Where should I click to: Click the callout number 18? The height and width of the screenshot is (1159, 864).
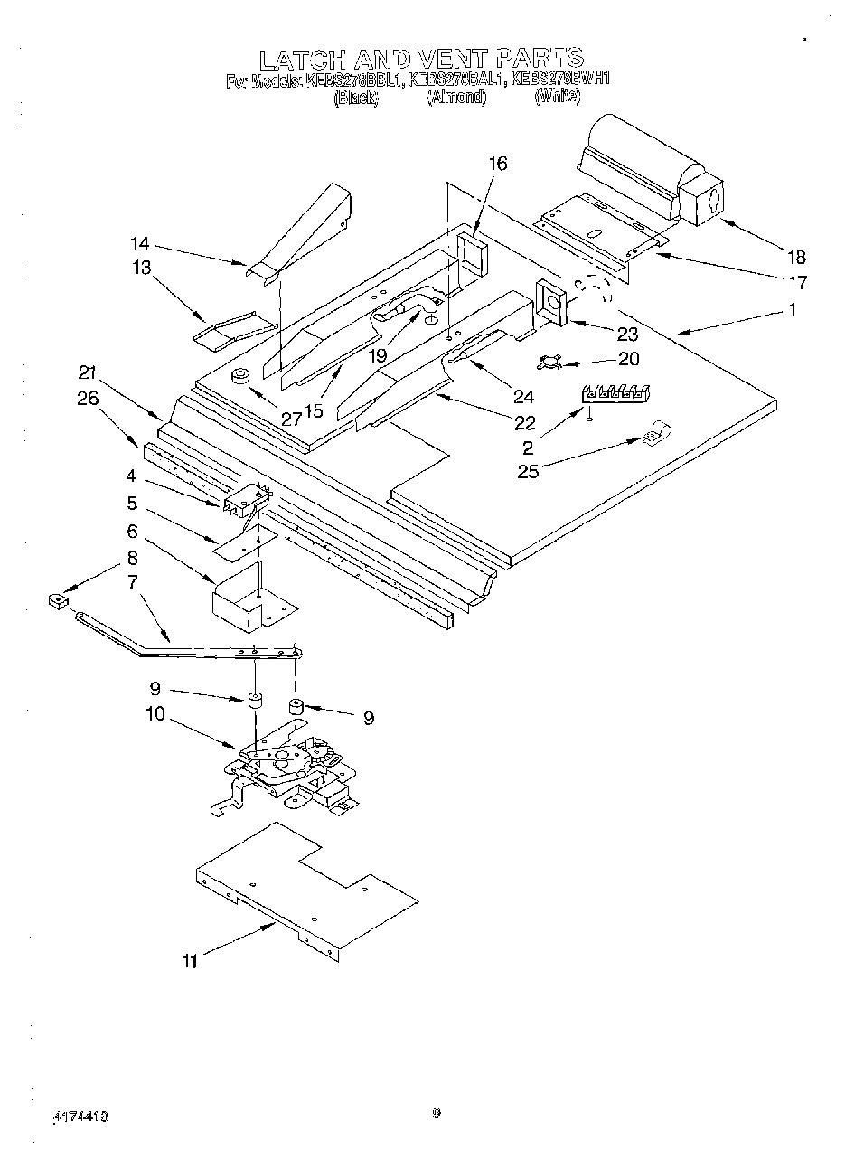click(795, 257)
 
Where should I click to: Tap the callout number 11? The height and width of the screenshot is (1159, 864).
click(189, 961)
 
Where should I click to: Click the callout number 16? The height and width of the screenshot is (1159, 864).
click(498, 164)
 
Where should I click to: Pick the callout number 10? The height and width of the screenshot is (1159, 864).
click(155, 713)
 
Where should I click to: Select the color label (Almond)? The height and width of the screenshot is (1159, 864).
click(456, 97)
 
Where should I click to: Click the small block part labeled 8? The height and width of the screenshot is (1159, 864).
click(58, 599)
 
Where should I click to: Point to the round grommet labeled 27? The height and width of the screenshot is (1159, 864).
click(241, 377)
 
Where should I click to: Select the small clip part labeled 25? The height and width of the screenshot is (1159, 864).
click(653, 435)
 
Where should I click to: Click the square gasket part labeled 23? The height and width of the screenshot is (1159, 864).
click(550, 301)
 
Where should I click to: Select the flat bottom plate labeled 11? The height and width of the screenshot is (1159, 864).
click(307, 886)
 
